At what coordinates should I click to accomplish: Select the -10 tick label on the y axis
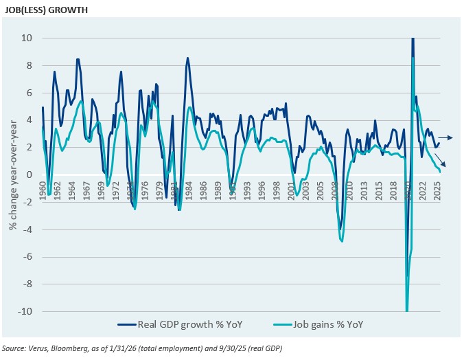[x=25, y=311]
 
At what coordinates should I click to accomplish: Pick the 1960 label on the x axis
[x=43, y=188]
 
